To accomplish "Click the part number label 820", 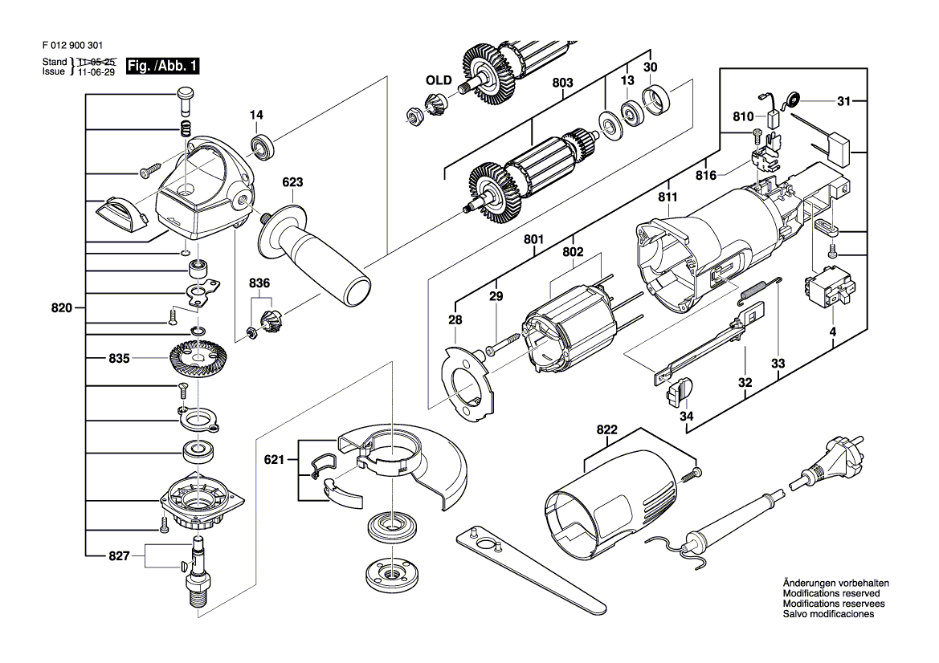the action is tap(62, 308).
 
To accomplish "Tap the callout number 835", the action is tap(119, 359).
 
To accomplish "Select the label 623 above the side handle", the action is tap(292, 182).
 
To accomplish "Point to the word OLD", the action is tap(439, 80).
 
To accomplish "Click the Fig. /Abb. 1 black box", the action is tap(162, 66).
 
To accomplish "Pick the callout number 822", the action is tap(606, 429).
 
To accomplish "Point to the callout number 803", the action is tap(562, 83).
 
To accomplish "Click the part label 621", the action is tap(274, 460).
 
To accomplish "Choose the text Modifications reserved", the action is tap(831, 593).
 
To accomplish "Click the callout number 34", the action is tap(687, 415).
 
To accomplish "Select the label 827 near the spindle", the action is tap(119, 556).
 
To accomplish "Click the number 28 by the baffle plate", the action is tap(455, 319).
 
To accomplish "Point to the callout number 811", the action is tap(668, 197).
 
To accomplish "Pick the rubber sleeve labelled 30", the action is tap(655, 101).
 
